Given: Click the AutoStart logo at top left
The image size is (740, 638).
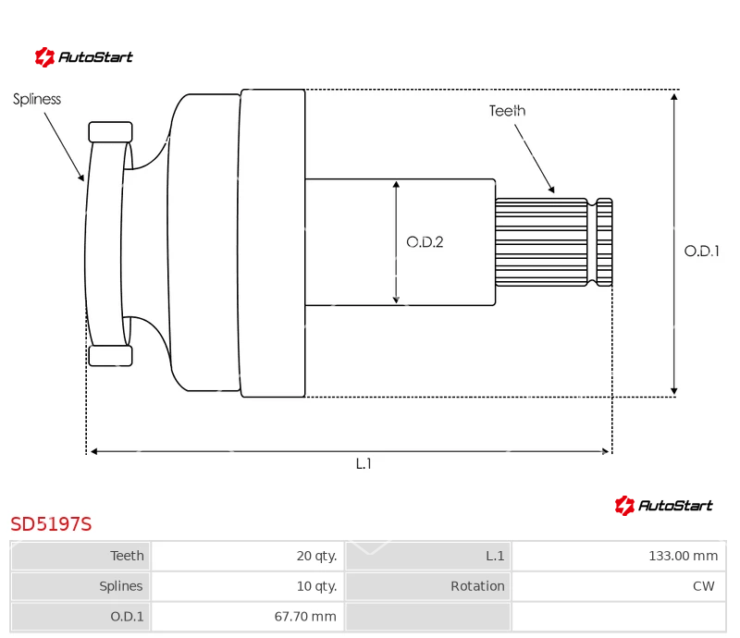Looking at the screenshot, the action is pos(83,57).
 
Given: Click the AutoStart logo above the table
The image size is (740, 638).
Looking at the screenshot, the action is pos(663,506).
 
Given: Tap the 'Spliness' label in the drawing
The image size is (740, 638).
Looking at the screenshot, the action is pos(37,100).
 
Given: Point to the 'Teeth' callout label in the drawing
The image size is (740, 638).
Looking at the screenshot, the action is pos(507,111).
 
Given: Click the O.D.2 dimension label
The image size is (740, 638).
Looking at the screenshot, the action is pos(425,242).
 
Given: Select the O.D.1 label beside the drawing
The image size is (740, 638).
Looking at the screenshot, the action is pos(702,252).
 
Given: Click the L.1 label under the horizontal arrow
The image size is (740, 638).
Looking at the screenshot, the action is pos(364,464).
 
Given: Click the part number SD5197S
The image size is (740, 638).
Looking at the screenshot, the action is pos(51,524).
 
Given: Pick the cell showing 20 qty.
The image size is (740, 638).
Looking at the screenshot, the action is pos(247,556).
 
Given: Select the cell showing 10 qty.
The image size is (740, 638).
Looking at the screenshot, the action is pos(247,586).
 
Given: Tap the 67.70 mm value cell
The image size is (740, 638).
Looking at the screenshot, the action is pos(247,617).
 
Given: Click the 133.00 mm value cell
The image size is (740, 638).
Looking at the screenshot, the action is pos(619,556).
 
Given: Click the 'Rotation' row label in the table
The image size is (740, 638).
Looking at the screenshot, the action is pos(477,586).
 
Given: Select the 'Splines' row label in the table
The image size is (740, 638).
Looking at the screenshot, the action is pos(121,586).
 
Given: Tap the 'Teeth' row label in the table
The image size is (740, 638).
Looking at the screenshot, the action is pos(127,556).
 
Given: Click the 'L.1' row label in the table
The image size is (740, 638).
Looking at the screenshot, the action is pos(495,556).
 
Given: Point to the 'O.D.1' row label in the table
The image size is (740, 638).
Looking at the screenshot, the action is pos(127,617).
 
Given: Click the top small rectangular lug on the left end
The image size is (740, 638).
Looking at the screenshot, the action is pos(110,132).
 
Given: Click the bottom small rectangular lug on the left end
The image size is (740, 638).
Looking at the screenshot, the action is pos(110,356).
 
